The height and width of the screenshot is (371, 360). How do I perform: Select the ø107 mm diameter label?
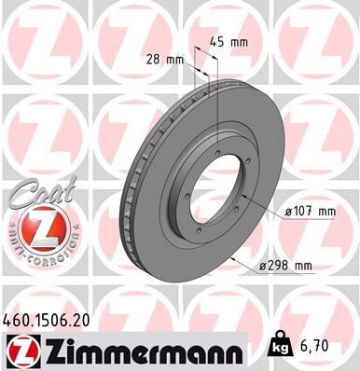[x=309, y=213]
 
